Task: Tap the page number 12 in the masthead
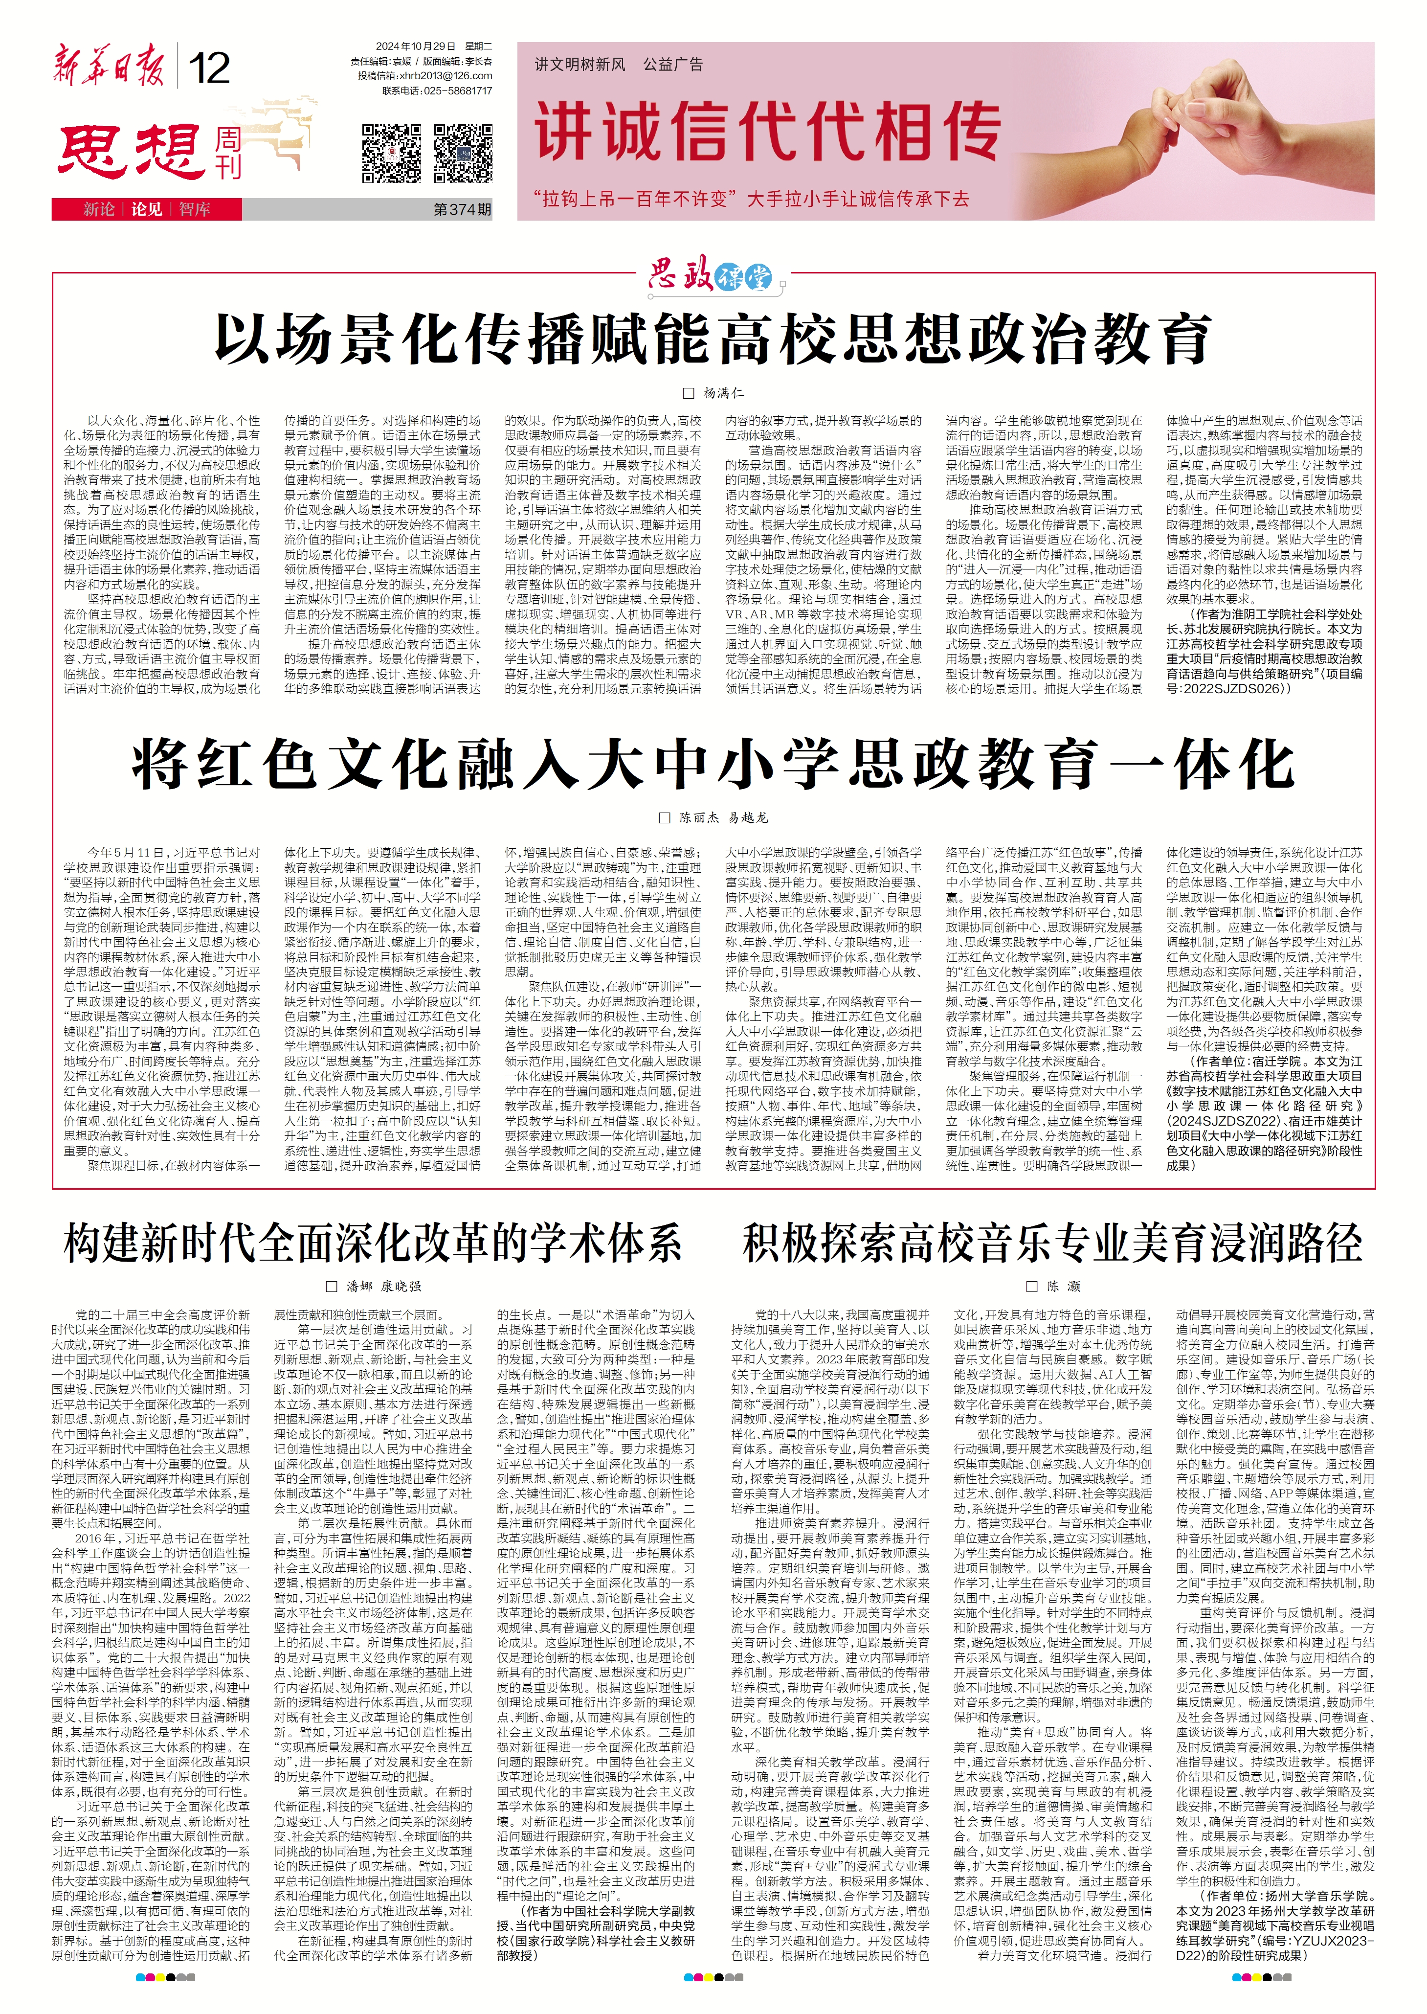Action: [x=209, y=68]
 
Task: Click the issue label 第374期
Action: [x=462, y=210]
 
